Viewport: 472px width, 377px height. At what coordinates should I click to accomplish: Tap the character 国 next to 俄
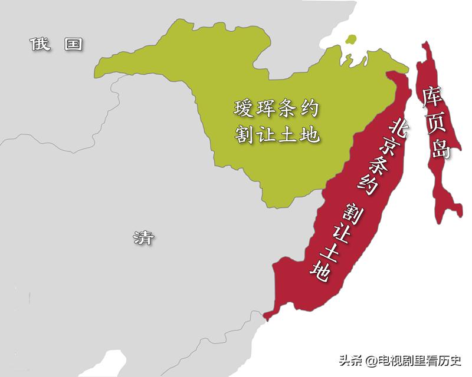(x=74, y=44)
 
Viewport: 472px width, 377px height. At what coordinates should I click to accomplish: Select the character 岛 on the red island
(x=440, y=148)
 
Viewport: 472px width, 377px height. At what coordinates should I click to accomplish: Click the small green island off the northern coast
(x=352, y=39)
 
